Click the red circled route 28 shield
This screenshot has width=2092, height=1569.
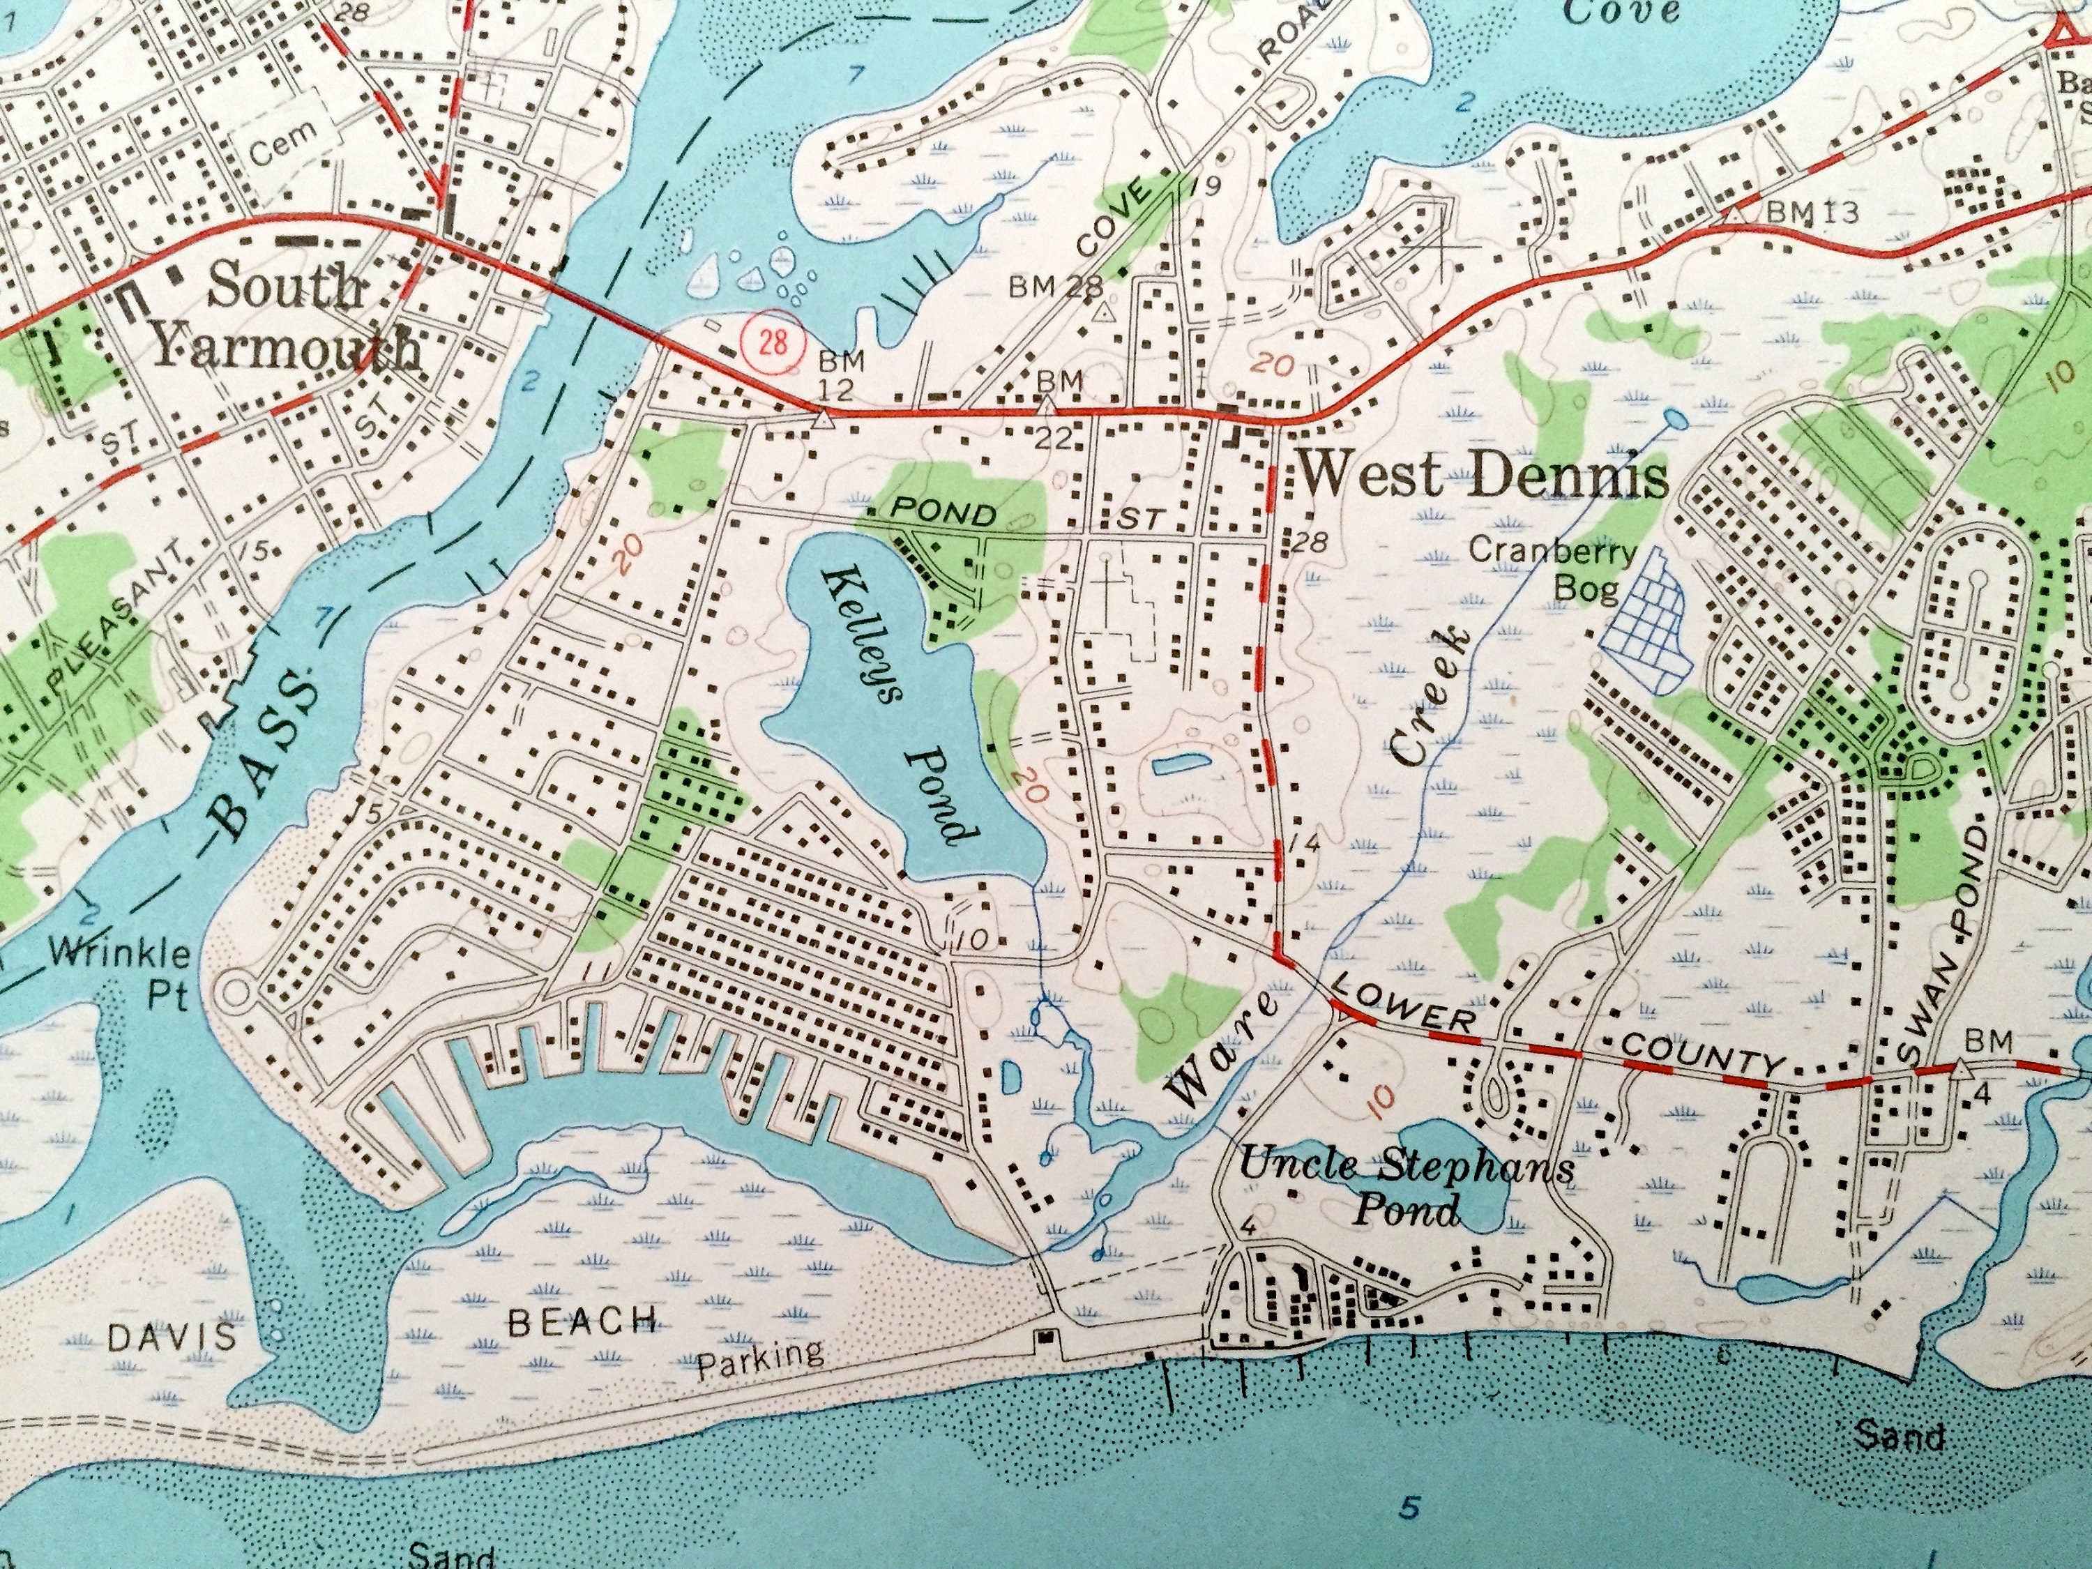coord(773,342)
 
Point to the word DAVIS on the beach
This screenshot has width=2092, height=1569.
coord(171,1336)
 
